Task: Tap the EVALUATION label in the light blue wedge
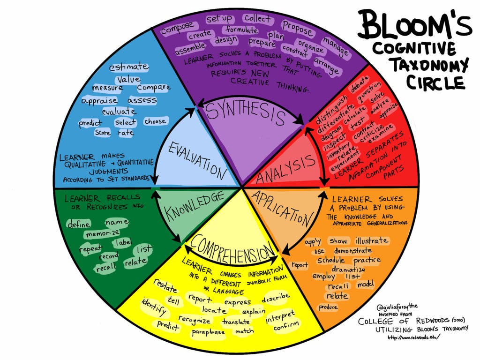pyautogui.click(x=197, y=160)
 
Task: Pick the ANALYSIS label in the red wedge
pyautogui.click(x=286, y=169)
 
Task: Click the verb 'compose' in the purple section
pyautogui.click(x=177, y=28)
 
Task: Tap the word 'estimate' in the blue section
pyautogui.click(x=129, y=67)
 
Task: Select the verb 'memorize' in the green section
pyautogui.click(x=103, y=233)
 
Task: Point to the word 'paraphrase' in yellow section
pyautogui.click(x=208, y=332)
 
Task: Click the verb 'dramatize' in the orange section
pyautogui.click(x=348, y=270)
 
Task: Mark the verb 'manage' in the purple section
pyautogui.click(x=336, y=46)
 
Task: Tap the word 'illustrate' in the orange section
pyautogui.click(x=372, y=240)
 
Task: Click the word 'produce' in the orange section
pyautogui.click(x=328, y=307)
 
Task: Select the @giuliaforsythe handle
pyautogui.click(x=397, y=307)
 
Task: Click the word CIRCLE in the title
pyautogui.click(x=435, y=82)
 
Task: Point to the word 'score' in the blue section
pyautogui.click(x=103, y=133)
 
